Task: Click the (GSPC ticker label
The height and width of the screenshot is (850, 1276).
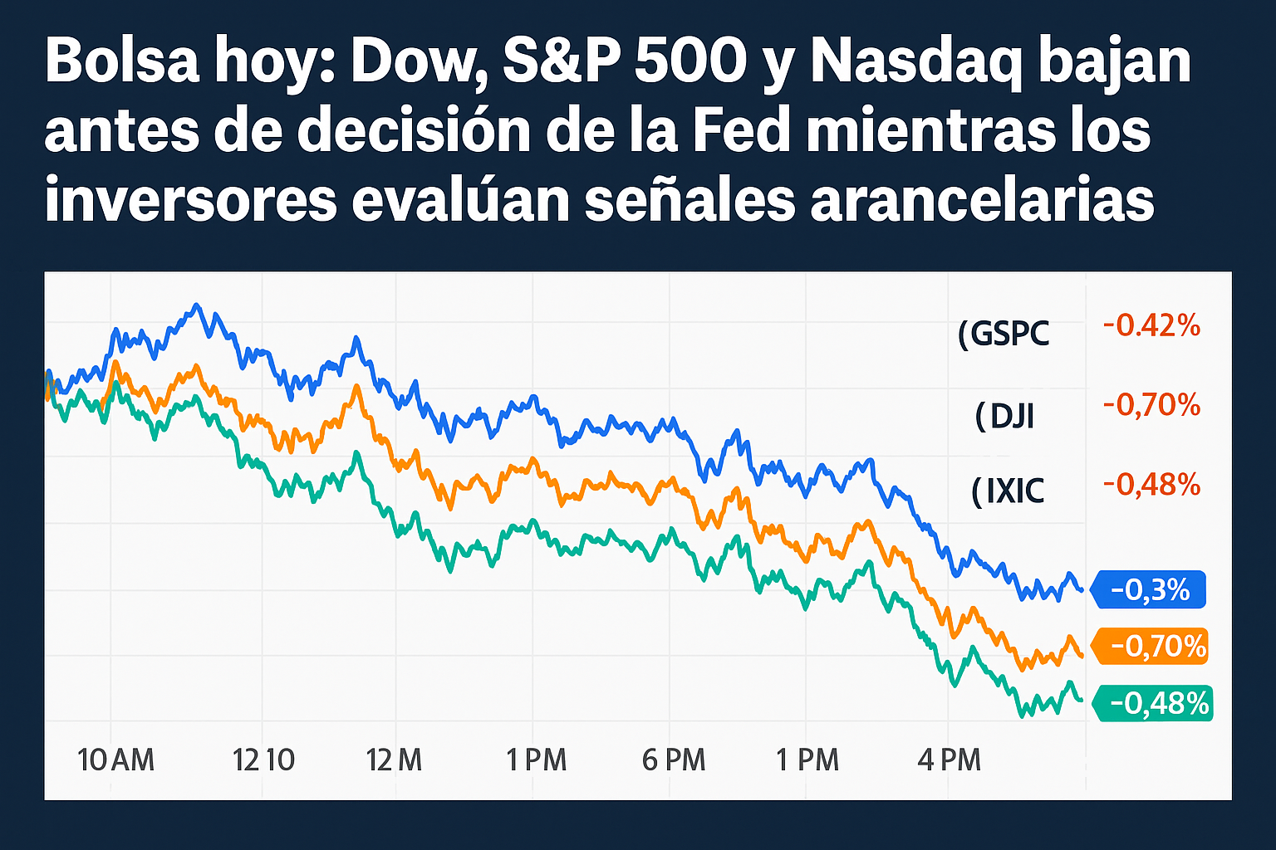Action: (x=1004, y=334)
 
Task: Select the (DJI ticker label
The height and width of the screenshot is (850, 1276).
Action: (x=1005, y=415)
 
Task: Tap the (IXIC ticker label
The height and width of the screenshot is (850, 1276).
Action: (x=1008, y=491)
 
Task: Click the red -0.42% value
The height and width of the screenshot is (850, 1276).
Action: (x=1151, y=325)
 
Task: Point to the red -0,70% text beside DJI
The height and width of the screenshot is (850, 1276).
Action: (x=1151, y=405)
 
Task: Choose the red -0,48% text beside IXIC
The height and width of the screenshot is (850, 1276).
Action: (x=1151, y=483)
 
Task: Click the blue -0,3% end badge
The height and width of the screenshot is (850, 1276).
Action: (x=1149, y=590)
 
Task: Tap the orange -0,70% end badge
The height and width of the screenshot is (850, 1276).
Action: (x=1151, y=646)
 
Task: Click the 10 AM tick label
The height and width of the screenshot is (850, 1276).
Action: (x=115, y=760)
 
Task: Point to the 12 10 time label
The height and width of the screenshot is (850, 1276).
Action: (x=264, y=760)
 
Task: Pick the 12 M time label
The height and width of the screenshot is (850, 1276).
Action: (x=395, y=760)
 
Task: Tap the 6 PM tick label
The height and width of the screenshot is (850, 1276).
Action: (x=674, y=760)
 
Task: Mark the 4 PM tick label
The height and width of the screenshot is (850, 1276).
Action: (x=949, y=760)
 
